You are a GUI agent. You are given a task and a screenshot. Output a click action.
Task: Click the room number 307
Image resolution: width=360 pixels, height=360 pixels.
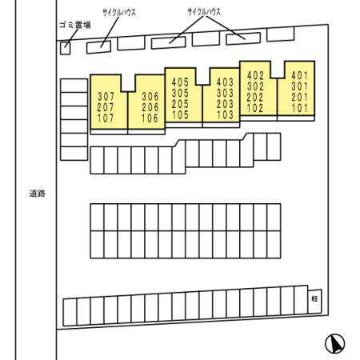tap(106, 96)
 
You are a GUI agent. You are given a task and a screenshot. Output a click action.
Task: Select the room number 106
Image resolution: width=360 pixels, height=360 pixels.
tap(150, 118)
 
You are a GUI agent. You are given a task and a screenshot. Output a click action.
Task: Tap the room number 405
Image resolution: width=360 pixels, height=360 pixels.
tap(180, 82)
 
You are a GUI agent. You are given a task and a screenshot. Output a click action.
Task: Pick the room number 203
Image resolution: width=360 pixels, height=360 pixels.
tap(225, 104)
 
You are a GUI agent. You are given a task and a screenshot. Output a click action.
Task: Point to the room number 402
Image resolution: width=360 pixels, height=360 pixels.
tap(255, 76)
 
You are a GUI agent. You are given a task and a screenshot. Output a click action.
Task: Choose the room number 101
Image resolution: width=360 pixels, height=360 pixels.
tap(299, 108)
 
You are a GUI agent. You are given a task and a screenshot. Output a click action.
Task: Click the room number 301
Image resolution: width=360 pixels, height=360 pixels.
tap(299, 86)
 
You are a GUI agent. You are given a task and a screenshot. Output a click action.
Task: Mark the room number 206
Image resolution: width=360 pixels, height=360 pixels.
tap(150, 107)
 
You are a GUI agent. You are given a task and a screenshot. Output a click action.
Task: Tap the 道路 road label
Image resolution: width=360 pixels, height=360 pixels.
tap(38, 194)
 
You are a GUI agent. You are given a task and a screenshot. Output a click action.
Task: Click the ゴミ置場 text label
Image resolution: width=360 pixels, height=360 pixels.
tap(75, 25)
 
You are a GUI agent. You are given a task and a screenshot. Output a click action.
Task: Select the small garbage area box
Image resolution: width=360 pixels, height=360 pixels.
tap(65, 48)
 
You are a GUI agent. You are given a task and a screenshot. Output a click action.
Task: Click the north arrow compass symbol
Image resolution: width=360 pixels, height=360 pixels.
tap(335, 344)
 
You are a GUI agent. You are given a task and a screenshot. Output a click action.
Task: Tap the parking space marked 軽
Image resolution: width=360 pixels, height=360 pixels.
tap(315, 301)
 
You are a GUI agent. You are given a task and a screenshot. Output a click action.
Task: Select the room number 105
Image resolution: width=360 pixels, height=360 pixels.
tap(180, 115)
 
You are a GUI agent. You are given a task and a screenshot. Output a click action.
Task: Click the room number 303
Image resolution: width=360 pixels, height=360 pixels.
tap(225, 93)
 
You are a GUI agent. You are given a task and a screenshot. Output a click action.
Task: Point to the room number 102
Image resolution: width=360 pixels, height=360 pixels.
tap(255, 108)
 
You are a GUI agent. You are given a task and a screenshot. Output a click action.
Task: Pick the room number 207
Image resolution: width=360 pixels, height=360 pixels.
tap(106, 107)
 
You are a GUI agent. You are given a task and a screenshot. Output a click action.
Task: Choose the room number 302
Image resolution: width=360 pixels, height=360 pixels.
tap(255, 86)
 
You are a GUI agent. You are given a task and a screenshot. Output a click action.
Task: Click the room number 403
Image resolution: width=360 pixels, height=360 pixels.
tap(225, 82)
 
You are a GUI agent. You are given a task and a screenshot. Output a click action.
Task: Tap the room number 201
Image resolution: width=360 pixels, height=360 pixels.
tap(299, 98)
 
